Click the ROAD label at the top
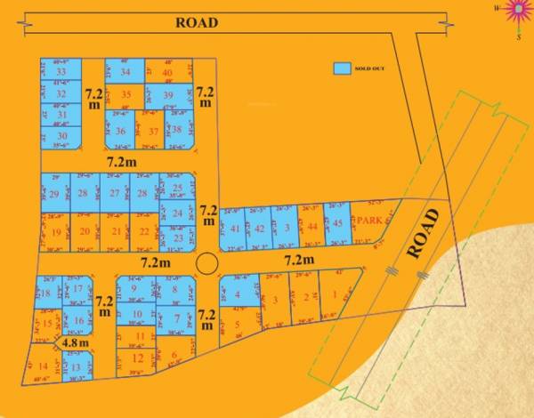pyautogui.click(x=197, y=23)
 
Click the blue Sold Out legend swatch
pyautogui.click(x=342, y=68)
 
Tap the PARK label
pyautogui.click(x=368, y=220)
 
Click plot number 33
pyautogui.click(x=61, y=72)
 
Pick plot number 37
pyautogui.click(x=153, y=131)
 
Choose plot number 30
pyautogui.click(x=61, y=135)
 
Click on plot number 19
pyautogui.click(x=56, y=231)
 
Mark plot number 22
pyautogui.click(x=144, y=231)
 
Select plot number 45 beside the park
pyautogui.click(x=337, y=224)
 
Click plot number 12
pyautogui.click(x=136, y=358)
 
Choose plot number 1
pyautogui.click(x=333, y=296)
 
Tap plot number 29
pyautogui.click(x=55, y=194)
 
